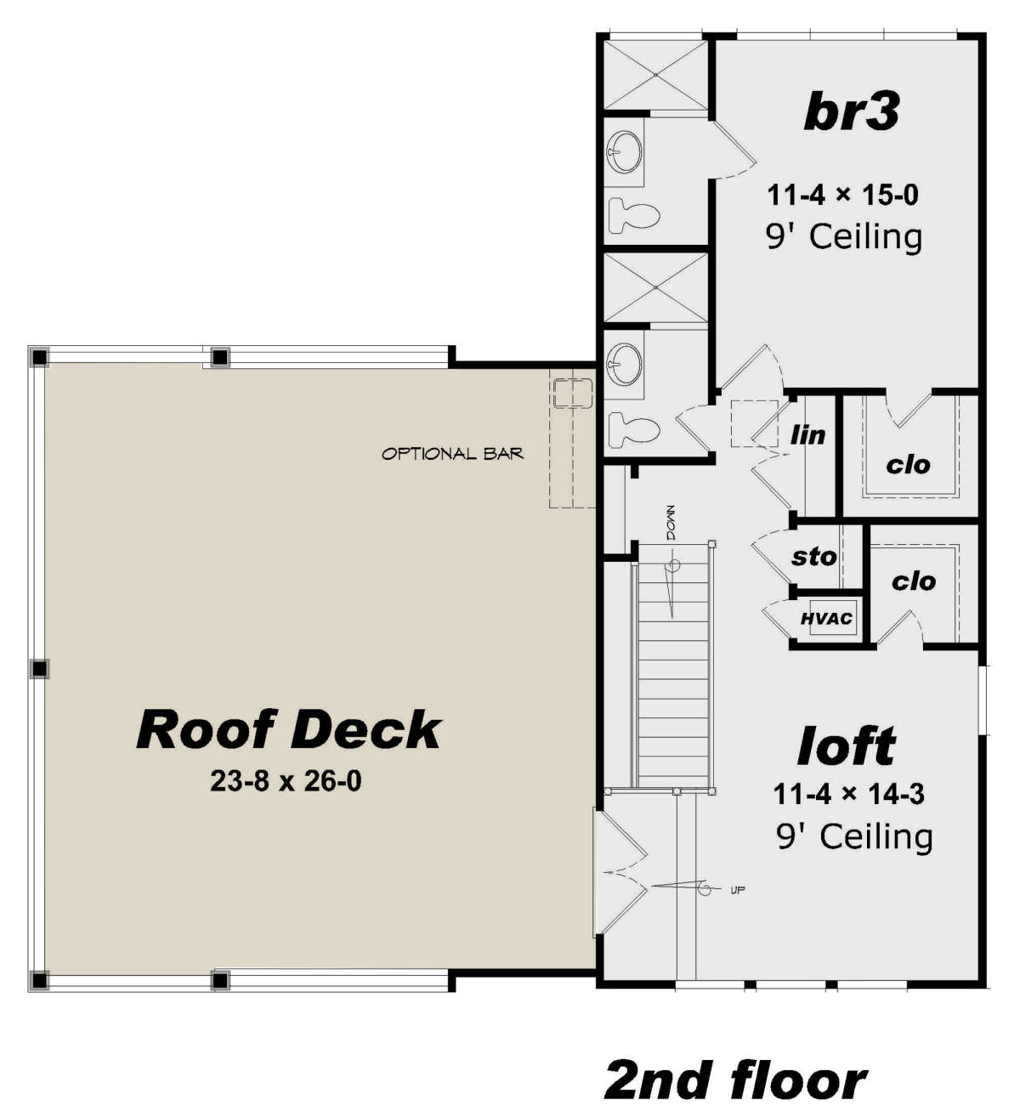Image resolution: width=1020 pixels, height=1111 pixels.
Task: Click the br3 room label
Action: tap(851, 112)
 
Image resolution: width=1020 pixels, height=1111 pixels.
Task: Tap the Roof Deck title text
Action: tap(289, 730)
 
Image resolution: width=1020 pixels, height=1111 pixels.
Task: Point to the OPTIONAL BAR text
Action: tap(453, 454)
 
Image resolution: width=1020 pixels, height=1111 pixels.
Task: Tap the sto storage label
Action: tap(814, 557)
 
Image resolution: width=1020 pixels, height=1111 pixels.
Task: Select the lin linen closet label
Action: tap(808, 434)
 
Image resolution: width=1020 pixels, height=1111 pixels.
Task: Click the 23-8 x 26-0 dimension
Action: tap(286, 781)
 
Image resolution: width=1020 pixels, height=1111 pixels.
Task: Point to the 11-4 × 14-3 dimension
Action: tap(849, 794)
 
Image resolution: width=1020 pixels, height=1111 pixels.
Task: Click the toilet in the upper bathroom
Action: tap(634, 215)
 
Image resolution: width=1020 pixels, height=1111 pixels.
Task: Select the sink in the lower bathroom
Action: tap(625, 364)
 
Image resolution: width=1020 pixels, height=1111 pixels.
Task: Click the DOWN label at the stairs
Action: tap(671, 522)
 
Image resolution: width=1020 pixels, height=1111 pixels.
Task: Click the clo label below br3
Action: tap(908, 465)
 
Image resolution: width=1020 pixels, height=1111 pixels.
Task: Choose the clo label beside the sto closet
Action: tap(914, 582)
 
